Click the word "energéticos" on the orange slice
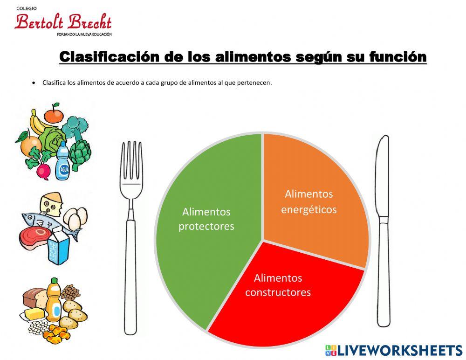click(308, 210)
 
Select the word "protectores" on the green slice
click(206, 227)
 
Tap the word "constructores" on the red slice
click(278, 293)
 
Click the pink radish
click(43, 171)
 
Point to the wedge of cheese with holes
click(51, 204)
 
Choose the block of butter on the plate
click(34, 313)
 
